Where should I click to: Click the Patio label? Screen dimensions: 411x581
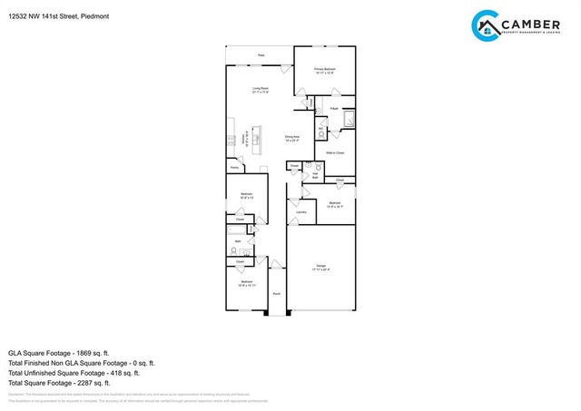[x=261, y=55]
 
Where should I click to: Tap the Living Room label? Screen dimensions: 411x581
[x=261, y=89]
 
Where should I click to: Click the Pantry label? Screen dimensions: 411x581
[x=234, y=168]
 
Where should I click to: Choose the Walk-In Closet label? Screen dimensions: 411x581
[x=335, y=153]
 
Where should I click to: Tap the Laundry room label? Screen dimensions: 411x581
[x=300, y=212]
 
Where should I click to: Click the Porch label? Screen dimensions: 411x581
[x=276, y=294]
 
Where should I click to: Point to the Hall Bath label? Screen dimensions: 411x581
[x=315, y=176]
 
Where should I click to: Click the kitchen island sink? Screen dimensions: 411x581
[x=255, y=140]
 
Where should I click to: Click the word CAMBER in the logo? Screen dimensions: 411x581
[x=535, y=22]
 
